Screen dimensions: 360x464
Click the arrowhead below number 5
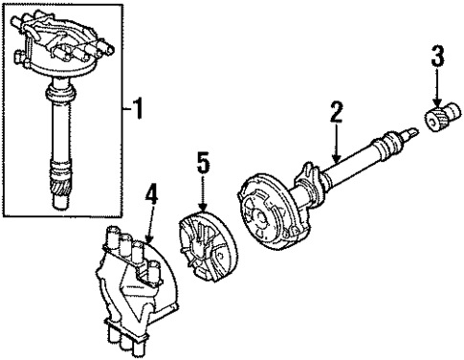203,213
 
